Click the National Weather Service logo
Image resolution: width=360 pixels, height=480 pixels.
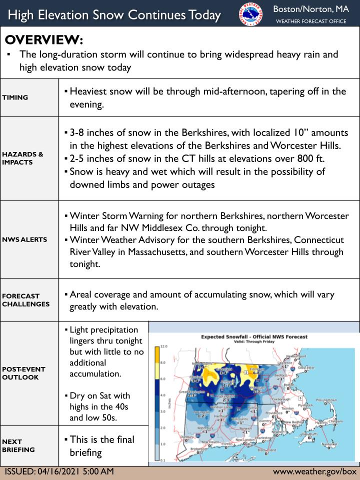[250, 13]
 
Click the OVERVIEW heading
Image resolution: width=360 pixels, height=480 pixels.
[44, 39]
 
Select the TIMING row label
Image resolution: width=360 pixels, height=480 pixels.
[14, 97]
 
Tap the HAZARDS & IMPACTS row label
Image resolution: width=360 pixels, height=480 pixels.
[22, 158]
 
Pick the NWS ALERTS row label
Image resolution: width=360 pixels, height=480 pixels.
[24, 239]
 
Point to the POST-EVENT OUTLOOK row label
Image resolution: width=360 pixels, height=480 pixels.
[23, 373]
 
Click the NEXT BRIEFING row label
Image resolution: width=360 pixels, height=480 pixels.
[18, 445]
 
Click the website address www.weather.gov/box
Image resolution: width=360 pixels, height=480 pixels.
[314, 471]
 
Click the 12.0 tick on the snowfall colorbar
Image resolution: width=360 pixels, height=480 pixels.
[163, 346]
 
